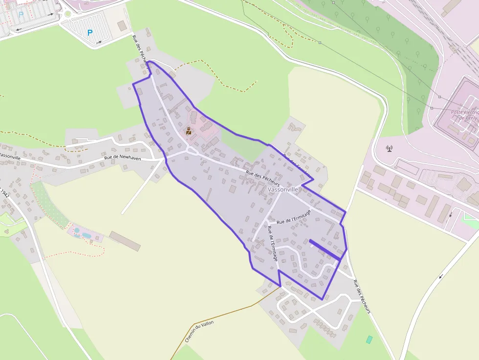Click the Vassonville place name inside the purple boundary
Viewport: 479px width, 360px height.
[283, 189]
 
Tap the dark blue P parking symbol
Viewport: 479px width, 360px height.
[89, 33]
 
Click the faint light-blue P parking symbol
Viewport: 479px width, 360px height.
[21, 15]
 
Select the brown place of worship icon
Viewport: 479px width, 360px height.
[189, 131]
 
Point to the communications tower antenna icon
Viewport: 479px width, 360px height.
[390, 148]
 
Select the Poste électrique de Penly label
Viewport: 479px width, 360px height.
[465, 115]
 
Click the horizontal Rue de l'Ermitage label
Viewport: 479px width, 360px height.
[293, 220]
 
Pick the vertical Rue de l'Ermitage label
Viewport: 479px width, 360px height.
[273, 243]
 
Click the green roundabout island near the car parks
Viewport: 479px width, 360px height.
[67, 14]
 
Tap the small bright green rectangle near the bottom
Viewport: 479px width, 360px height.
[370, 339]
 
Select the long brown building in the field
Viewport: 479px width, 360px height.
[125, 240]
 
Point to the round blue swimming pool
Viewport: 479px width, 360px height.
[77, 230]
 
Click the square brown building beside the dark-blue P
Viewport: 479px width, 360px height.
[122, 26]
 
